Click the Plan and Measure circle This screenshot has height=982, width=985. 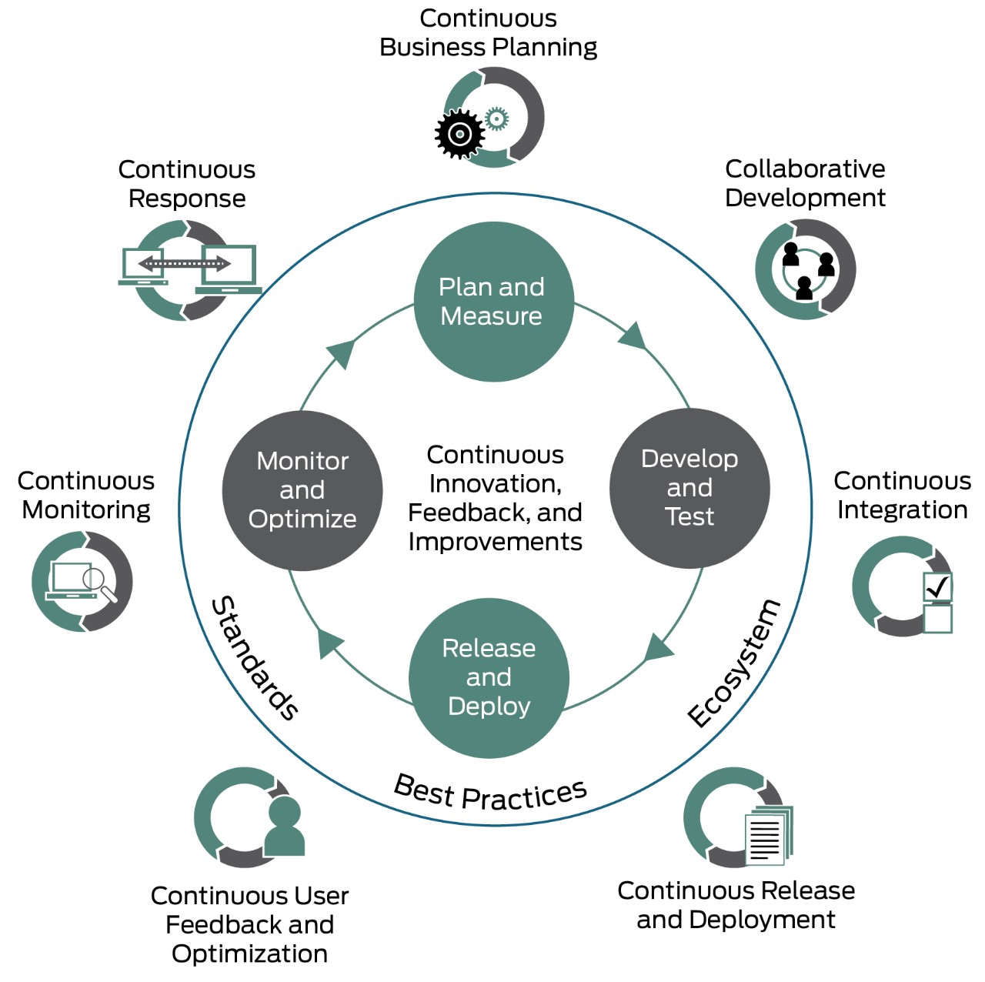coord(493,301)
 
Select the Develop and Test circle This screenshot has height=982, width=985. coord(689,488)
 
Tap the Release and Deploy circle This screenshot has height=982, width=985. coord(489,677)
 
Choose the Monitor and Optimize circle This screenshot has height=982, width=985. coord(302,490)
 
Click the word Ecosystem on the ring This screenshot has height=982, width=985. coord(733,663)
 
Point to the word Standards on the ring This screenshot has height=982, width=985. coord(255,658)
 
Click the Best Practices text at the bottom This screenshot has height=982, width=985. coord(490,793)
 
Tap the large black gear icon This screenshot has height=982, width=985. coord(459,135)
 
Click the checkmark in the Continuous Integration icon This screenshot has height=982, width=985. coord(937,588)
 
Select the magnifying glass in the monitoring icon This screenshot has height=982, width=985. coord(98,582)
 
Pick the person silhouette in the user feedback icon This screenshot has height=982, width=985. coord(284,828)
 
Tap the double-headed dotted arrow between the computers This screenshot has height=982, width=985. coord(184,264)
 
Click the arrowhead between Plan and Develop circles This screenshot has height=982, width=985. coord(633,336)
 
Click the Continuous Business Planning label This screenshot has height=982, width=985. coord(488,32)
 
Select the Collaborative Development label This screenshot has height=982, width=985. coord(805,183)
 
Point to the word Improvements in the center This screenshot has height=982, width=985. coord(495,542)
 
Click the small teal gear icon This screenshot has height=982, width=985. coord(497,119)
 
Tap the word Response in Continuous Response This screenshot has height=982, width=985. coord(187,199)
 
